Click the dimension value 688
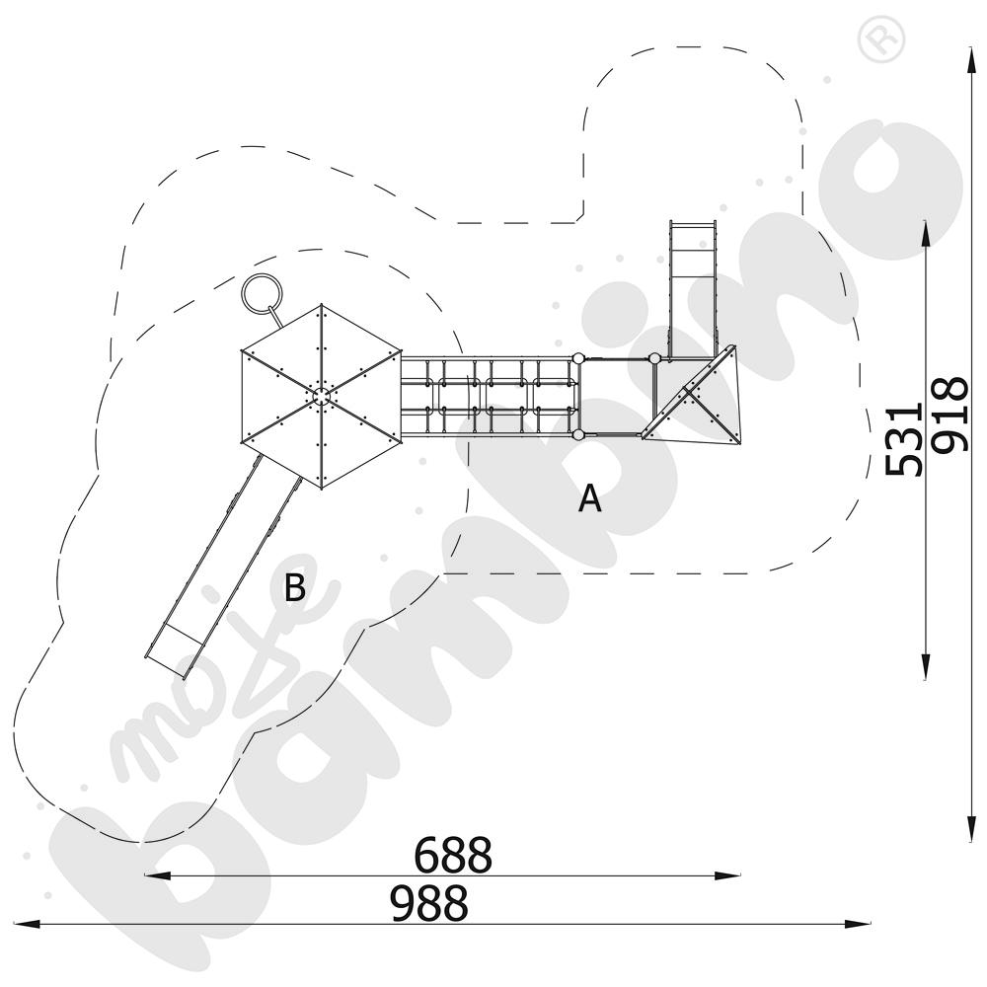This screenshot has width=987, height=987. [x=453, y=854]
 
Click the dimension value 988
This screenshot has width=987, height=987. [x=429, y=903]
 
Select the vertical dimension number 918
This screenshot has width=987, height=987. [x=949, y=415]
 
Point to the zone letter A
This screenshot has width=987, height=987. [x=590, y=498]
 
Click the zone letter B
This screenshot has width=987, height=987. [x=294, y=587]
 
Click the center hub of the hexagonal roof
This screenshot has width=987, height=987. [x=321, y=396]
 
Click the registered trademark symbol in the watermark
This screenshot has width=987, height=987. [x=881, y=39]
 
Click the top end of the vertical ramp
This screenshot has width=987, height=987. [x=693, y=222]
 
